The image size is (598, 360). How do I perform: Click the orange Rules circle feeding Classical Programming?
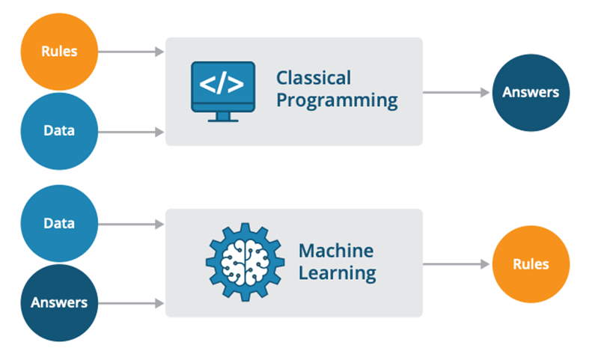pyautogui.click(x=58, y=52)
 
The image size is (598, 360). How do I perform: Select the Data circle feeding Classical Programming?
pyautogui.click(x=58, y=131)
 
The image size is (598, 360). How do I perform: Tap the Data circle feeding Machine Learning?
pyautogui.click(x=58, y=224)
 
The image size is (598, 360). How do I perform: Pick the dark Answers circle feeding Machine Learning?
pyautogui.click(x=58, y=303)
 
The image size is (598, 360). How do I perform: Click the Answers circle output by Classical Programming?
pyautogui.click(x=531, y=93)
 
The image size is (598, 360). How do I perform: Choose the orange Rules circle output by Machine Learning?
pyautogui.click(x=531, y=264)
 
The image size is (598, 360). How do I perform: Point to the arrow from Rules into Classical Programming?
pyautogui.click(x=131, y=52)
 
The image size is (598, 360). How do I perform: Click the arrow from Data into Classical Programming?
pyautogui.click(x=131, y=132)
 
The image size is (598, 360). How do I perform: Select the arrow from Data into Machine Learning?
pyautogui.click(x=131, y=224)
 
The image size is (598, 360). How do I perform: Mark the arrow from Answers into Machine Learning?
pyautogui.click(x=131, y=303)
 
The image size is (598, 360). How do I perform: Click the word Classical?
pyautogui.click(x=313, y=78)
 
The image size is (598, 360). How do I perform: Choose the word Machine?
pyautogui.click(x=335, y=249)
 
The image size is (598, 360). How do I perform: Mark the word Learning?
pyautogui.click(x=337, y=272)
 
